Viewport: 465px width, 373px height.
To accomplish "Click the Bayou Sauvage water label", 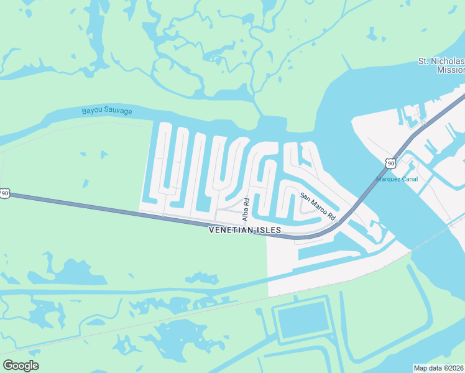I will pyautogui.click(x=107, y=111).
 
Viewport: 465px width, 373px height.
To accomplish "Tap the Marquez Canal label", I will pyautogui.click(x=397, y=179).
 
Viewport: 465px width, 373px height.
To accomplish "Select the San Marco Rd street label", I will pyautogui.click(x=318, y=206).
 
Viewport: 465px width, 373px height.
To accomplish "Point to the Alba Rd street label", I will pyautogui.click(x=246, y=210).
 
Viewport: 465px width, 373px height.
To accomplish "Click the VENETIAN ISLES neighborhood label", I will pyautogui.click(x=245, y=230).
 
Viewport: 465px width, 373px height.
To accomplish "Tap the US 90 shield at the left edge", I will pyautogui.click(x=4, y=193).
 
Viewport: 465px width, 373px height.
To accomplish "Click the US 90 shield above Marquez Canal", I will pyautogui.click(x=390, y=163).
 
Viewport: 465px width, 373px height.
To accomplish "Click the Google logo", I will pyautogui.click(x=21, y=366).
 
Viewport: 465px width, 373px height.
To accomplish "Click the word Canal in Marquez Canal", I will pyautogui.click(x=409, y=179).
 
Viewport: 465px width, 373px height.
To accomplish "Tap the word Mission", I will pyautogui.click(x=451, y=70).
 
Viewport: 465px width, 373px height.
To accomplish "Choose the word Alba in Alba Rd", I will pyautogui.click(x=246, y=213).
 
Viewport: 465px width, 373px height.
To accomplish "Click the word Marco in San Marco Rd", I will pyautogui.click(x=318, y=207).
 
